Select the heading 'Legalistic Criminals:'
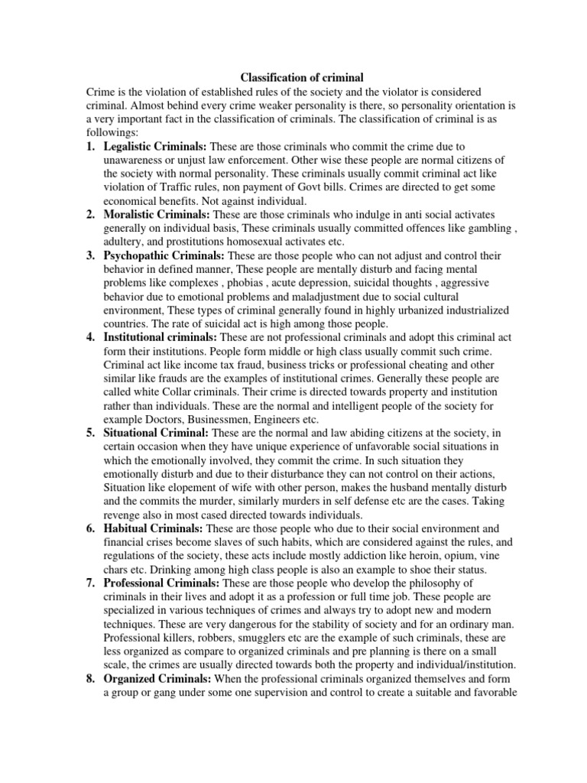[x=155, y=145]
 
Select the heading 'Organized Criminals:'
[x=158, y=679]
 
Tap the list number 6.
[x=89, y=528]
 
